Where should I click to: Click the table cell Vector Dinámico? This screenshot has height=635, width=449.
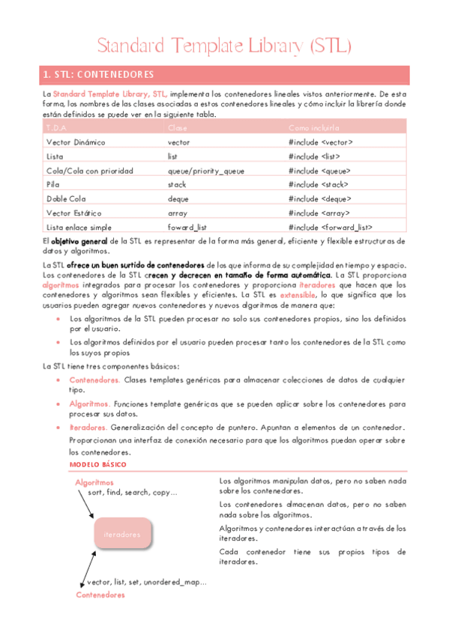point(76,142)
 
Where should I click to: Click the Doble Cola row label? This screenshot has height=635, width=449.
point(67,198)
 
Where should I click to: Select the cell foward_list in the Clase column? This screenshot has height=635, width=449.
point(187,227)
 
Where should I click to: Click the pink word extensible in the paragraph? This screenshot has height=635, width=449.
point(298,295)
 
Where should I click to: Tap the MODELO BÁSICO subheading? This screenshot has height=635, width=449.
point(98,465)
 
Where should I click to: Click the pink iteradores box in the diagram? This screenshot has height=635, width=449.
point(122,535)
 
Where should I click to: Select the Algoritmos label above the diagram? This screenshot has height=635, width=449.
point(94,483)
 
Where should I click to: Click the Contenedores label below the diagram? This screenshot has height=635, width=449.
point(100,595)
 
